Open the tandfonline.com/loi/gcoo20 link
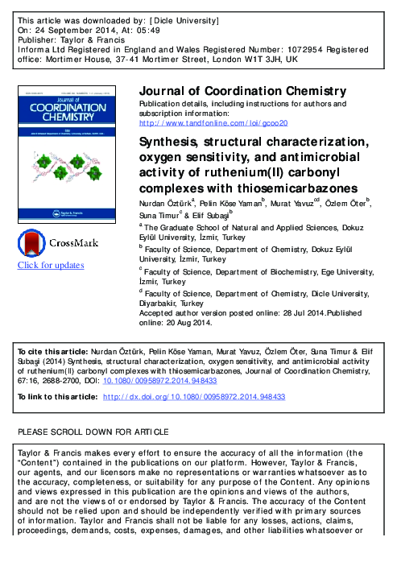point(213,123)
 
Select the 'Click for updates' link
point(51,266)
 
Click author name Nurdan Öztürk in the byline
point(164,204)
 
